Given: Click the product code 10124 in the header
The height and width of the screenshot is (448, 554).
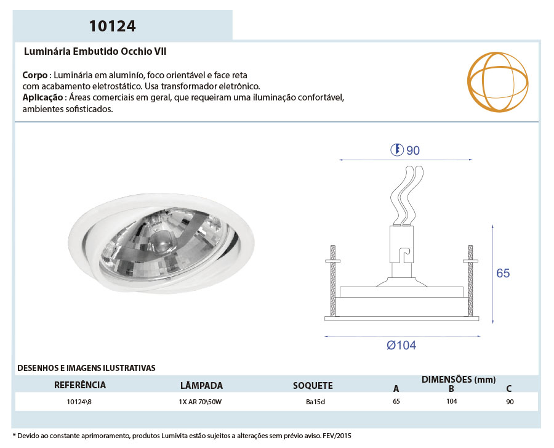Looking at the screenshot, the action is (x=112, y=26).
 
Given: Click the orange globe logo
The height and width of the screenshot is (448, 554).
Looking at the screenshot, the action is (x=497, y=82).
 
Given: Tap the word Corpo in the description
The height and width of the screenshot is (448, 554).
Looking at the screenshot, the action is (x=35, y=75).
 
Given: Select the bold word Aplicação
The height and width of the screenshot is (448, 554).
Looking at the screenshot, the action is (x=42, y=97).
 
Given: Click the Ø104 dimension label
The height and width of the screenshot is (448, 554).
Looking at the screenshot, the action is (x=401, y=345).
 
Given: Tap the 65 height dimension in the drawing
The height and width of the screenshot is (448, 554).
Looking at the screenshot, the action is (x=503, y=273).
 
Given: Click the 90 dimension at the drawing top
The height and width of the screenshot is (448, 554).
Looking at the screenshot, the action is (x=412, y=150).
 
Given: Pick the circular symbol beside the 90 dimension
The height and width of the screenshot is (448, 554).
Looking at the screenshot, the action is (x=397, y=150).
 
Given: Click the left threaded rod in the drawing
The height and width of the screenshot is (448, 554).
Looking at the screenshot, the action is (x=333, y=281).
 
